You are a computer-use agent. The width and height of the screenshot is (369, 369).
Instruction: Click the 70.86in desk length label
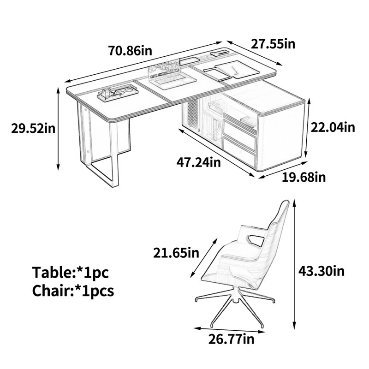[130, 51]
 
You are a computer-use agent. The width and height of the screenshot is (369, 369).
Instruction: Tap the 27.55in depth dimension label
[273, 44]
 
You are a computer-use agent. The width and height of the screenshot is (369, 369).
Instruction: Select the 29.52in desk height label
[33, 129]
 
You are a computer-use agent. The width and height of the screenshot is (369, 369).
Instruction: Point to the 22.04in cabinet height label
[333, 128]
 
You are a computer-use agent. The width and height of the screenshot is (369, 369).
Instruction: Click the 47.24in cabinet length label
[199, 162]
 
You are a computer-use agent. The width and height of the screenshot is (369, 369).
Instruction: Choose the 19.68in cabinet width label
[304, 177]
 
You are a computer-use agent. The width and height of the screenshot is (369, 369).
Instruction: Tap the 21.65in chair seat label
[176, 253]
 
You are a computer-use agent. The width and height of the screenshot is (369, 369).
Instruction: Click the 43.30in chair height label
[321, 271]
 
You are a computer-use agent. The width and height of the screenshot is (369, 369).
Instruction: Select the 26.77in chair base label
[232, 339]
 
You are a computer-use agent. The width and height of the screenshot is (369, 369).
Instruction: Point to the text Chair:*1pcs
[73, 291]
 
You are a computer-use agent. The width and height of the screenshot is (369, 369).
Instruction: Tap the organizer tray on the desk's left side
[118, 92]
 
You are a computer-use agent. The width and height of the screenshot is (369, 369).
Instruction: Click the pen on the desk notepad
[235, 71]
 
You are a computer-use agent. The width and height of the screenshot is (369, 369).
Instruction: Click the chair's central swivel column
[235, 295]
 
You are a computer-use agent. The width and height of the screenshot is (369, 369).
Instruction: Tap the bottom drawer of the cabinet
[239, 152]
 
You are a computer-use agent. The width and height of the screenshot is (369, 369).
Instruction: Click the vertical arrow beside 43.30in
[294, 265]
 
